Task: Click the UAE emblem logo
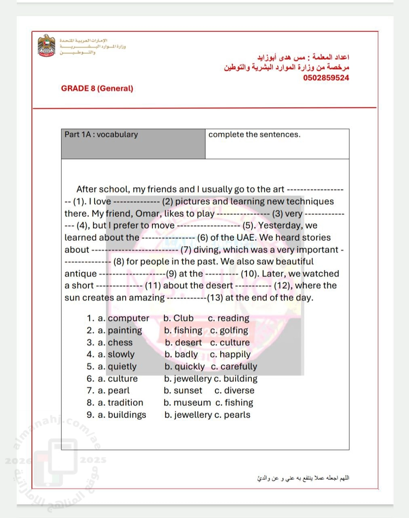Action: click(x=46, y=46)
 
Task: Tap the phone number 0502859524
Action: click(x=326, y=78)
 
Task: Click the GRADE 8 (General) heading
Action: click(x=97, y=88)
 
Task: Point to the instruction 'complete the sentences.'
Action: click(x=255, y=135)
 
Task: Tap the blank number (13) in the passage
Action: click(x=215, y=298)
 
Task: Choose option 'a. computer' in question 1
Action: click(x=123, y=318)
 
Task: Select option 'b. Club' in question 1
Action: click(x=179, y=318)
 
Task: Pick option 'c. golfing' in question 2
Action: click(x=229, y=330)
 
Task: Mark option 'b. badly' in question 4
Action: click(x=181, y=355)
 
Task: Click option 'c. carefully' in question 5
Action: click(x=234, y=367)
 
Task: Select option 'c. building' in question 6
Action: click(x=236, y=379)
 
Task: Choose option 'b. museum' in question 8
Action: click(x=187, y=403)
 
